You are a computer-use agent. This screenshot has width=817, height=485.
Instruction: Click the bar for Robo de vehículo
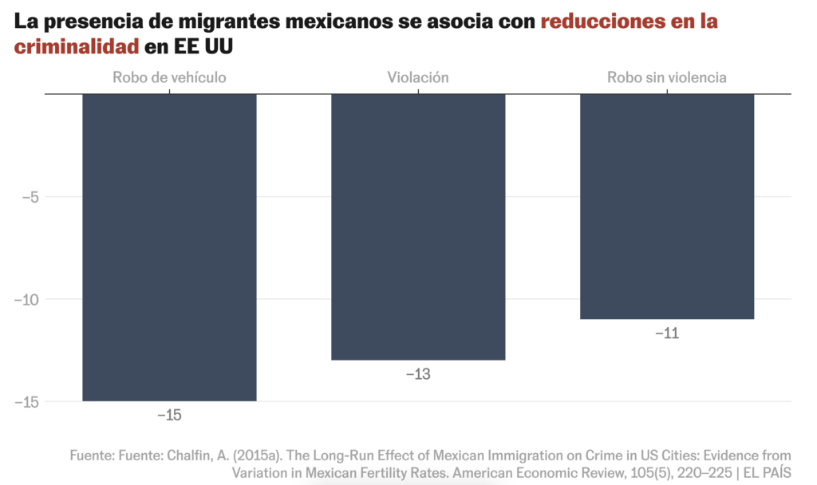pos(169,247)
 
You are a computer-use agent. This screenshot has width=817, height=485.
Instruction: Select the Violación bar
pos(418,227)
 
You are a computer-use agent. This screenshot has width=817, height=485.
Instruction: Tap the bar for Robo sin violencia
pos(667,207)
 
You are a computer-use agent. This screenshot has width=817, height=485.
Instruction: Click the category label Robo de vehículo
pos(169,77)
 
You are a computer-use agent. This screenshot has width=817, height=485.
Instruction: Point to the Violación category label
pos(418,77)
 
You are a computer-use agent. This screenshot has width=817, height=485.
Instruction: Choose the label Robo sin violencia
pos(667,77)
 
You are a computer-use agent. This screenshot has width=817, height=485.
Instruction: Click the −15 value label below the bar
pos(169,415)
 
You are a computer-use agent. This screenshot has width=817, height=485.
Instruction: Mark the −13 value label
pos(418,373)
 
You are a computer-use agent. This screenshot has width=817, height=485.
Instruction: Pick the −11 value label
pos(667,333)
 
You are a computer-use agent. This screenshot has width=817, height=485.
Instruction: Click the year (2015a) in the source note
pos(259,455)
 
